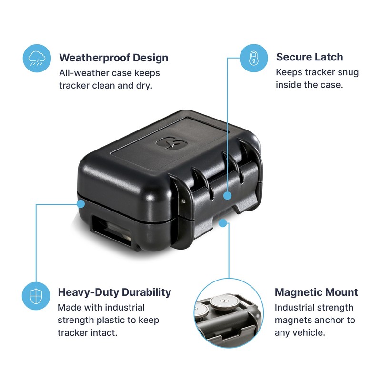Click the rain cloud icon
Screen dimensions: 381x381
coord(37,58)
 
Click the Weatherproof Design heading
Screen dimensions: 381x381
coord(113,58)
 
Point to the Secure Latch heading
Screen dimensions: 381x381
coord(310,57)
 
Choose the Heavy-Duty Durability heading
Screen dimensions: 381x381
coord(114,292)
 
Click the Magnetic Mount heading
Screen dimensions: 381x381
coord(316,292)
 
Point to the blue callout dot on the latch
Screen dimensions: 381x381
coord(228,195)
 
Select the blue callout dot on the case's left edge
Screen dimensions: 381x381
coord(80,204)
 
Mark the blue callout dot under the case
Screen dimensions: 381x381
coord(222,222)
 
